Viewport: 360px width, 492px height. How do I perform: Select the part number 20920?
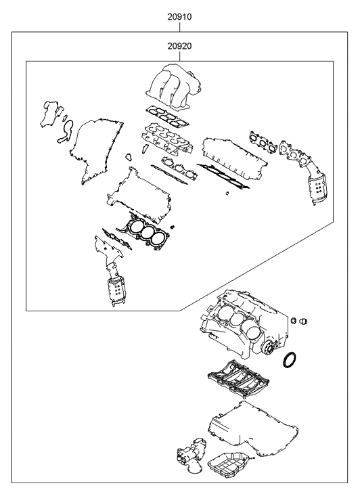[x=180, y=45]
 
